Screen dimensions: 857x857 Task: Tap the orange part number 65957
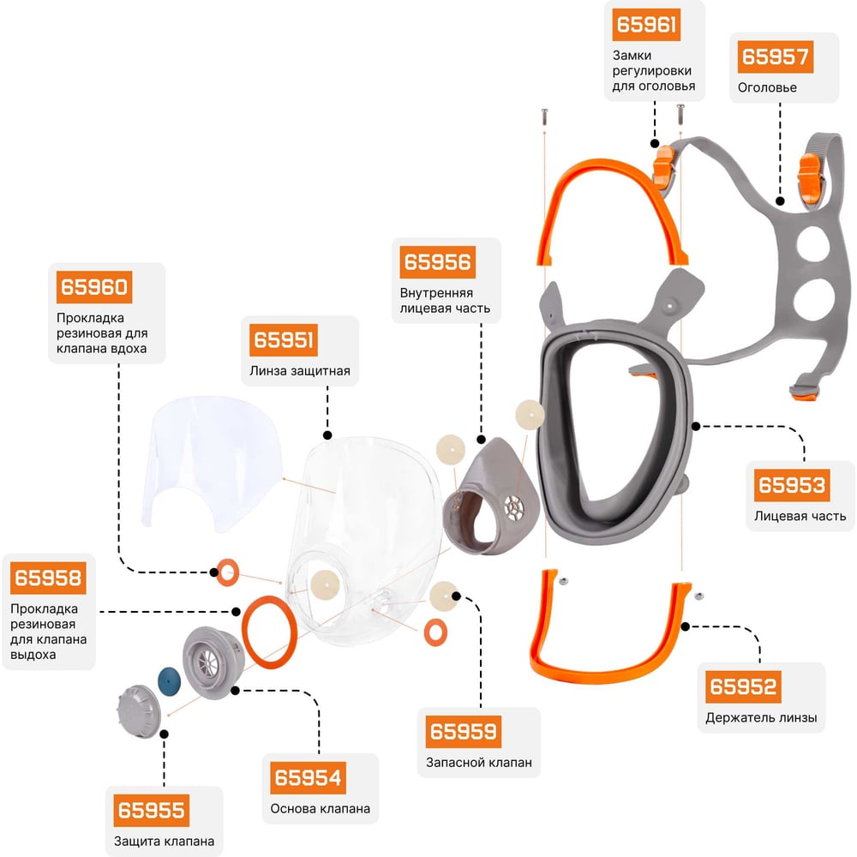[775, 57]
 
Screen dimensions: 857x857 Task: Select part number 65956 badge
[437, 261]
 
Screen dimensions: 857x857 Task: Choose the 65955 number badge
[151, 811]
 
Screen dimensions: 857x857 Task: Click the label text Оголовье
[767, 87]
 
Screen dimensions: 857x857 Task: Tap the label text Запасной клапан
[478, 762]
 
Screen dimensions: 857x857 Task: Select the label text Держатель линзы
[761, 717]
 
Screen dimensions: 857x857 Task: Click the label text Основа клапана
[321, 808]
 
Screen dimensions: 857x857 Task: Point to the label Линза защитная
[300, 371]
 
